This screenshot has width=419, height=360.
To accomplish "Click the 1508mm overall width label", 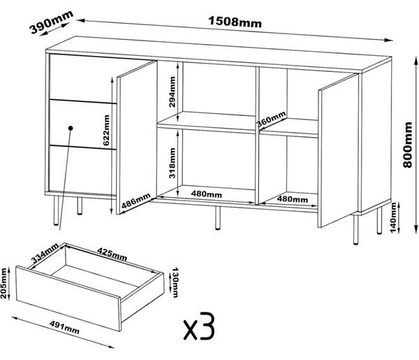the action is tap(235, 22).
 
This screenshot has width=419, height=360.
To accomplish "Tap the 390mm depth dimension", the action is tap(51, 22).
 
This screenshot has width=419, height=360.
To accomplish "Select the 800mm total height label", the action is tap(408, 145).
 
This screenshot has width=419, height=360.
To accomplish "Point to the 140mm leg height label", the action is tap(393, 217).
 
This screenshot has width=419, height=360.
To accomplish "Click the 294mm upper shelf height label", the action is tap(172, 92).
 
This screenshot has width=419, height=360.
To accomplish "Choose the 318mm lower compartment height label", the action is tap(172, 163).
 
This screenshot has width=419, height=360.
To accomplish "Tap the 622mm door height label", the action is tap(106, 130).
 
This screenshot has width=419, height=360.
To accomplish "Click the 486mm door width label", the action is tap(136, 201).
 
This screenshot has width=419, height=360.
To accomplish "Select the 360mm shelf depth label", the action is tap(271, 119).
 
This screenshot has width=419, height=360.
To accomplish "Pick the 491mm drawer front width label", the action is tap(64, 327).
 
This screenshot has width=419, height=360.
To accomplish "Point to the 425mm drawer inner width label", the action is tap(112, 254).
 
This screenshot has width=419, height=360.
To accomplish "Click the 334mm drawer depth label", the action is tap(45, 253).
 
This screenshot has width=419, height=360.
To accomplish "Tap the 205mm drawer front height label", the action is tap(3, 283).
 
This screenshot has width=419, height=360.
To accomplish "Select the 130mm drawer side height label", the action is tap(175, 282).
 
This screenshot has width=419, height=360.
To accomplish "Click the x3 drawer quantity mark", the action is tap(199, 326).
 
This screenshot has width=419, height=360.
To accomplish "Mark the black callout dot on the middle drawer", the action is tap(71, 128).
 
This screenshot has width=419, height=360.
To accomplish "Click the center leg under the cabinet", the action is tap(218, 217).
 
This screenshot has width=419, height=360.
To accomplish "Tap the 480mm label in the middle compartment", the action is tap(206, 194).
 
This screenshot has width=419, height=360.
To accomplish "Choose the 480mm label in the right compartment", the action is tap(293, 199).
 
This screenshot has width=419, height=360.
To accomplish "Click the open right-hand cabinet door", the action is tap(338, 150).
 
